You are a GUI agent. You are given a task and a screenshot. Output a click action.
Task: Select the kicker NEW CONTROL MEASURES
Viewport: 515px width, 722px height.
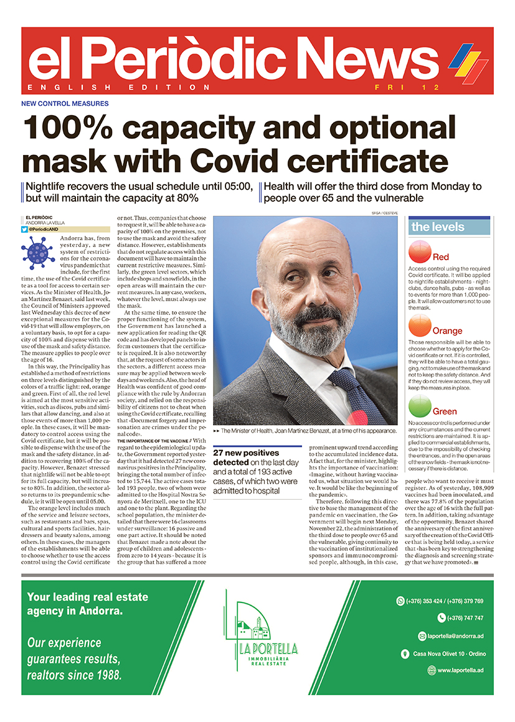[x=65, y=103]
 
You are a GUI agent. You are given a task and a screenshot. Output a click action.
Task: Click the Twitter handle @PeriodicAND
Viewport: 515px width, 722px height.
[x=47, y=230]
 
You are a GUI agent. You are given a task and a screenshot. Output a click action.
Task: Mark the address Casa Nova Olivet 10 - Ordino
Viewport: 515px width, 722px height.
[x=449, y=654]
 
